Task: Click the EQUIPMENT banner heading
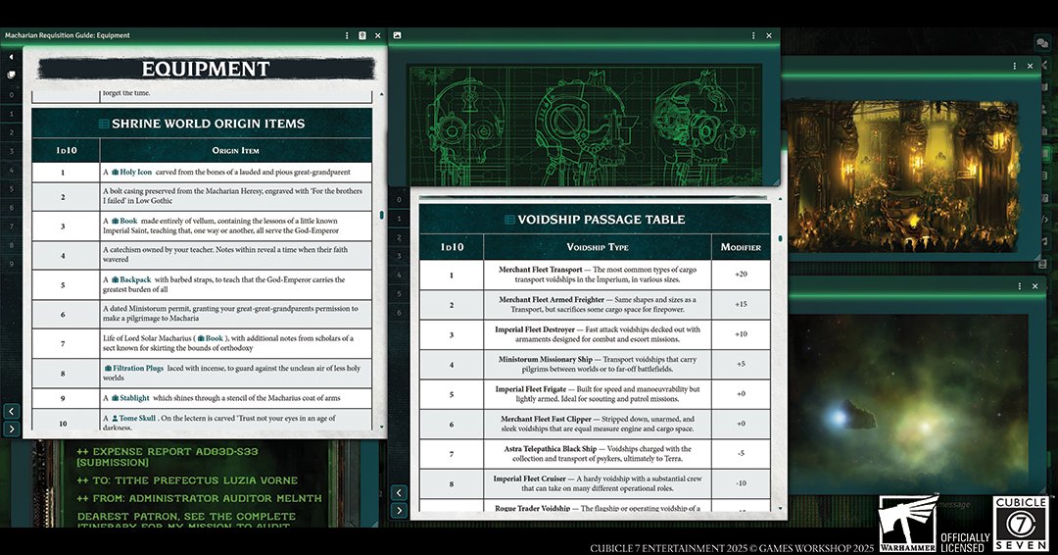point(206,69)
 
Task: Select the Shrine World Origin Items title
point(207,124)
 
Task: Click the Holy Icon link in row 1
point(136,172)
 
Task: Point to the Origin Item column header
point(235,150)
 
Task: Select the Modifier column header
point(741,247)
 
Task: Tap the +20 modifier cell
point(741,275)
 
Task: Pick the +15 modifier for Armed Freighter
point(741,304)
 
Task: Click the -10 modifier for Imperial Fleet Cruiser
point(741,483)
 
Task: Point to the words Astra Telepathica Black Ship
point(549,449)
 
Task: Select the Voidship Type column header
point(597,247)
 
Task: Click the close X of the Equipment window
point(378,35)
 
